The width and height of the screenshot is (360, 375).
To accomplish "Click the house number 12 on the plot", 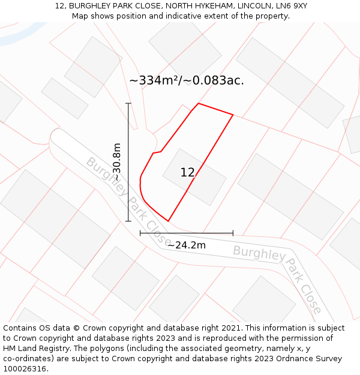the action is (x=187, y=173).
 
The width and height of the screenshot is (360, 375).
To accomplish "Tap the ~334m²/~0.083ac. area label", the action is (x=187, y=80).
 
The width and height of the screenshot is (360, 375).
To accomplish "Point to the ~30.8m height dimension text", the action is (x=117, y=162).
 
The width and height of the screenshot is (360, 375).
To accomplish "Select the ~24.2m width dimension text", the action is (x=187, y=245).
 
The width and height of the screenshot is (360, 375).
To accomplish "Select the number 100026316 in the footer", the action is (x=23, y=369).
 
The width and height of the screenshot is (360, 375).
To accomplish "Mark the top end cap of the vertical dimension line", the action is (x=128, y=103).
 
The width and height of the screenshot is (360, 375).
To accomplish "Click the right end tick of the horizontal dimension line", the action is (x=233, y=233).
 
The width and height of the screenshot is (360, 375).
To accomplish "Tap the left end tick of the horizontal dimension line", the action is (x=140, y=233).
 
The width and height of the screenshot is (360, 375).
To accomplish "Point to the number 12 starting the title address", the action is (x=59, y=6).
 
